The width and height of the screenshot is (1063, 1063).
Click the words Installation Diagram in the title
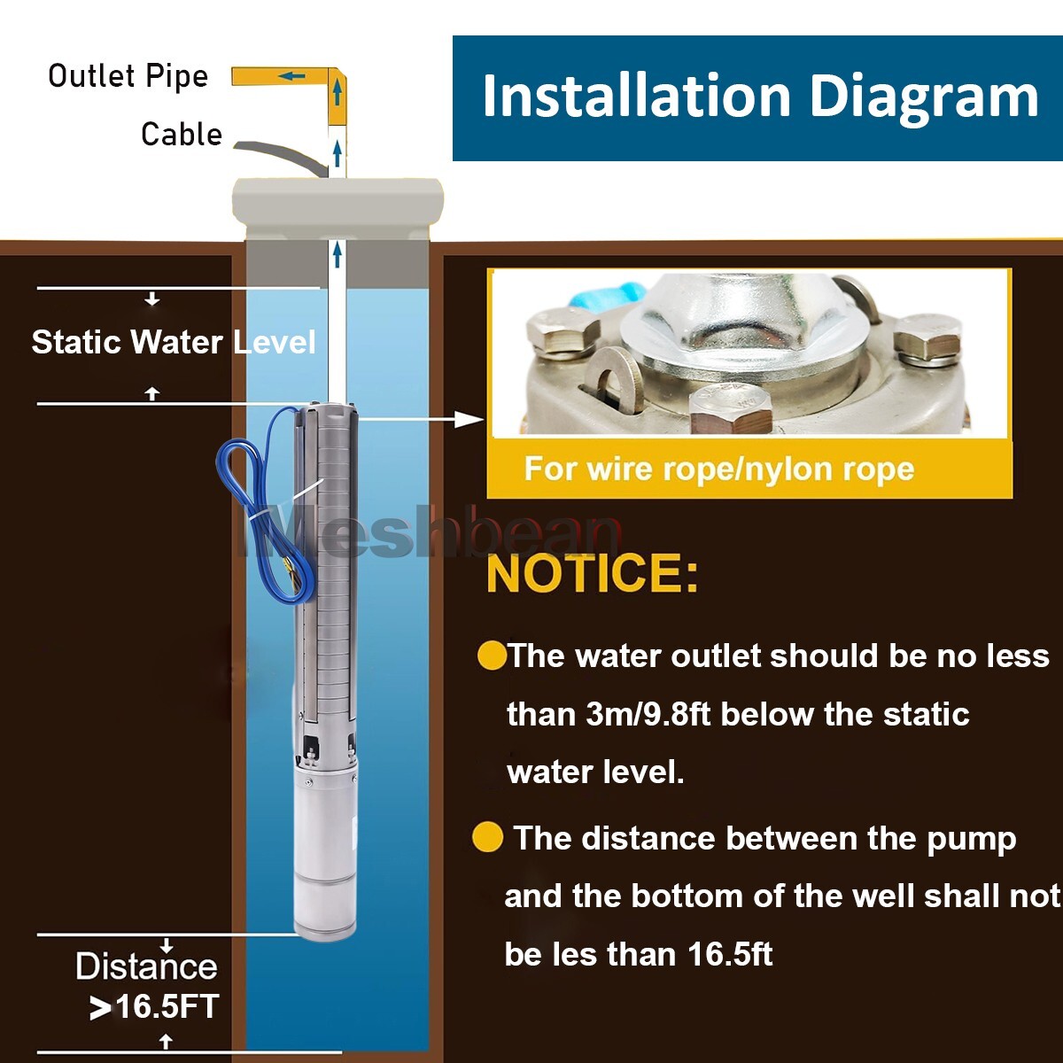point(759,97)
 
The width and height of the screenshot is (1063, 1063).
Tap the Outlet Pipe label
point(128,76)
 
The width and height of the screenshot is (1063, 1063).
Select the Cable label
point(182,135)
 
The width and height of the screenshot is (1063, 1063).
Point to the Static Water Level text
point(174,342)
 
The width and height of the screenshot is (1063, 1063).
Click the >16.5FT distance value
point(155,1007)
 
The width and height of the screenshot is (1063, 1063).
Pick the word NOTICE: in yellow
point(592,573)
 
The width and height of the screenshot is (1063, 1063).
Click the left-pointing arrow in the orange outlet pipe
point(291,76)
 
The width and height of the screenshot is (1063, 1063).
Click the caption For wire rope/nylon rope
point(718,469)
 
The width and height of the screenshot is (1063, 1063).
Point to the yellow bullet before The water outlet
point(491,656)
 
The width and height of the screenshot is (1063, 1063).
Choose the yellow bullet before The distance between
point(487,837)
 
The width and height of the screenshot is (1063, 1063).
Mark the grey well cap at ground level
point(337,199)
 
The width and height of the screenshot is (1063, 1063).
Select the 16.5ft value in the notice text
point(730,954)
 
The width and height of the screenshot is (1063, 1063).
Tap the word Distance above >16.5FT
point(146,966)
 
